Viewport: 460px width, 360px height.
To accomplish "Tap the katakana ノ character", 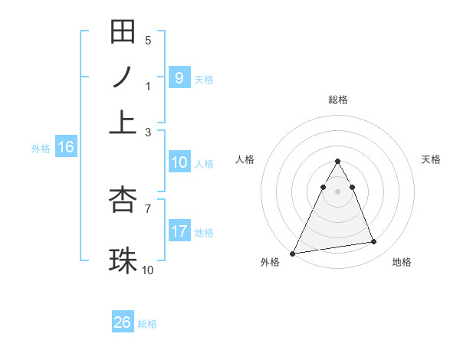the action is pyautogui.click(x=123, y=77).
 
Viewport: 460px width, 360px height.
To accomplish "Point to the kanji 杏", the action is pyautogui.click(x=123, y=199).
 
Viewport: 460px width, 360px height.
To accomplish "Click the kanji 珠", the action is pyautogui.click(x=123, y=260).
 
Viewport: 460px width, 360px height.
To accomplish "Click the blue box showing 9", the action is pyautogui.click(x=179, y=77).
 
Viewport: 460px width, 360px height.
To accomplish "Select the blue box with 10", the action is pyautogui.click(x=179, y=162).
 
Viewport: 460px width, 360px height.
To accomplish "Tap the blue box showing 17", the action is pyautogui.click(x=179, y=231).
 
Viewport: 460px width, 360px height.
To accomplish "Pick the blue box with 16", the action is pyautogui.click(x=66, y=148).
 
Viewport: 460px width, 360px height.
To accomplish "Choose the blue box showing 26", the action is pyautogui.click(x=123, y=322).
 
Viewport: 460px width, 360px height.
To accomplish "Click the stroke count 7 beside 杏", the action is pyautogui.click(x=148, y=208).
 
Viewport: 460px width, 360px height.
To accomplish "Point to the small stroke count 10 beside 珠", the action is pyautogui.click(x=148, y=270).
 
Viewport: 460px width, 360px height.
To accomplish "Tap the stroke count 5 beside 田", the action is pyautogui.click(x=148, y=40).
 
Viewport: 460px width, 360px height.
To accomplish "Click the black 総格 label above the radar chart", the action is pyautogui.click(x=338, y=100).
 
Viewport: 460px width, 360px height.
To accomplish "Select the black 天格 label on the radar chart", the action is pyautogui.click(x=431, y=159).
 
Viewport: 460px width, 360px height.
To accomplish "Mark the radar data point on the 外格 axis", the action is pyautogui.click(x=293, y=254).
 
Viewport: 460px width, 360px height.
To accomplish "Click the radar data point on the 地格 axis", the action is pyautogui.click(x=374, y=242).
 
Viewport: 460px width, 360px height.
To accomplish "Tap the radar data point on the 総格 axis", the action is pyautogui.click(x=337, y=161).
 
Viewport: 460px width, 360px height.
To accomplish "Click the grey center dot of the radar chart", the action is pyautogui.click(x=337, y=191).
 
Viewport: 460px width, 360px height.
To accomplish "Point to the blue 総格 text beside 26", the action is pyautogui.click(x=147, y=324).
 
